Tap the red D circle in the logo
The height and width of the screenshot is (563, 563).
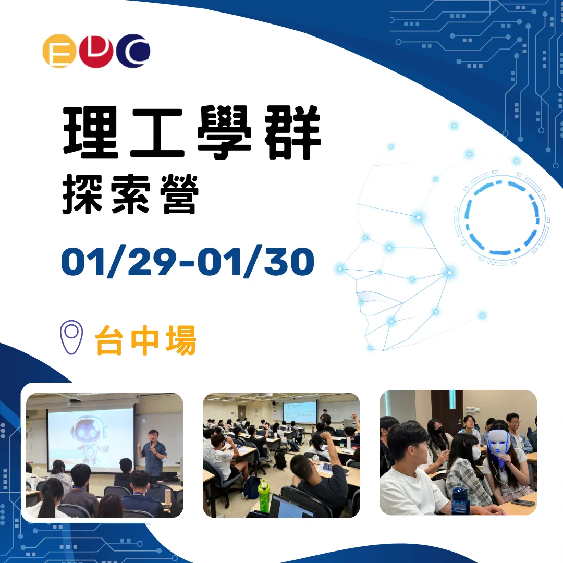(x=96, y=51)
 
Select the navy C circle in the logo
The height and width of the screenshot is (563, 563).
(x=133, y=51)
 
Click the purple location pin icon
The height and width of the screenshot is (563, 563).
(x=71, y=337)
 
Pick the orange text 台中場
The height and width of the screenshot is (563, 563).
(x=146, y=341)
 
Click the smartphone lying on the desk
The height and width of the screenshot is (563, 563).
(x=523, y=503)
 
